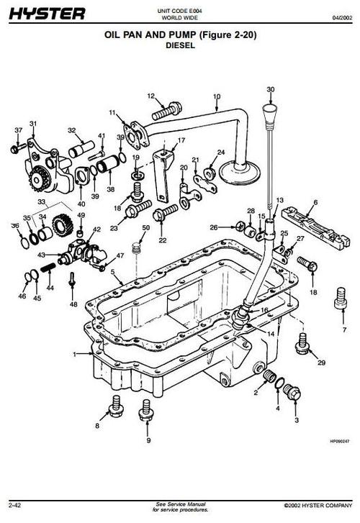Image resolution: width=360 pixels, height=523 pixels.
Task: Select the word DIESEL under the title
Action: coord(181,44)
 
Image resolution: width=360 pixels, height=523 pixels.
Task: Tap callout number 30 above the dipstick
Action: coord(271,90)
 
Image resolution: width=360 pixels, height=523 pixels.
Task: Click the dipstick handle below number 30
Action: coord(271,115)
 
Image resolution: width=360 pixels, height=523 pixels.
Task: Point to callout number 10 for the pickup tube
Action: coord(216,96)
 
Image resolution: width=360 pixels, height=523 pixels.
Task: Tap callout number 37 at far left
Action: coord(18,130)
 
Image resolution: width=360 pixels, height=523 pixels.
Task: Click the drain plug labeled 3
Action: coord(292,393)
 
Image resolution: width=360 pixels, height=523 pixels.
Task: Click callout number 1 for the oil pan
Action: coord(75,354)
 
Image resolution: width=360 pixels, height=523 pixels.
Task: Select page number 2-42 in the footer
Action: coord(15,506)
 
